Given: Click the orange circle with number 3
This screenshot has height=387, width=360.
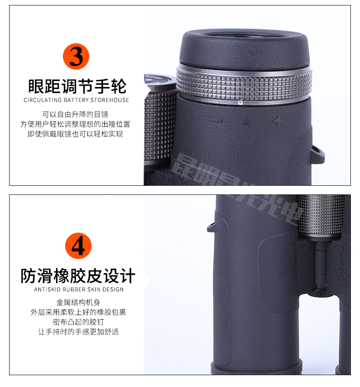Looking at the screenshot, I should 76,56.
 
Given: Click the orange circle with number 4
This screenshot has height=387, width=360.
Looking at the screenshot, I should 78,246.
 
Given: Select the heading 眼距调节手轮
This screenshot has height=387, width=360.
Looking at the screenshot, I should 77,86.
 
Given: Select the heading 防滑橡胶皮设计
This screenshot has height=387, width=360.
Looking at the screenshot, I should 78,276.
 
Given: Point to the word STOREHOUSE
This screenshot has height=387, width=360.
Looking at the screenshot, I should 110,100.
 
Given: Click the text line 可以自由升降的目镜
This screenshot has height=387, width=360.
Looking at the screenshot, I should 76,114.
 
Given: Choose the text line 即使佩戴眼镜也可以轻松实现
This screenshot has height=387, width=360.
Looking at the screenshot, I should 76,134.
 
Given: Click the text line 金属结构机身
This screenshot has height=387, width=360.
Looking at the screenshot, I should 78,302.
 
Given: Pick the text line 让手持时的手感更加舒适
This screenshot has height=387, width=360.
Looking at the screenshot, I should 78,332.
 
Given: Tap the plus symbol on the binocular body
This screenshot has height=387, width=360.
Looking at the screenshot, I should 276,121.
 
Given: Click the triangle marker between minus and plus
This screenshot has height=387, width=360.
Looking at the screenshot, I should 246,122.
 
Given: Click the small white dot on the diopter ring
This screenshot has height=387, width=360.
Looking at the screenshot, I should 240,103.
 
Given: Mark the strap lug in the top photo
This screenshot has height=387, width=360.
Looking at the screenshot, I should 317,155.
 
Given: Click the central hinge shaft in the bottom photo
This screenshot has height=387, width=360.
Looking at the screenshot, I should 321,264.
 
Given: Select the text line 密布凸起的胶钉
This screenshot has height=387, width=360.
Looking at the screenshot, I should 78,322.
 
